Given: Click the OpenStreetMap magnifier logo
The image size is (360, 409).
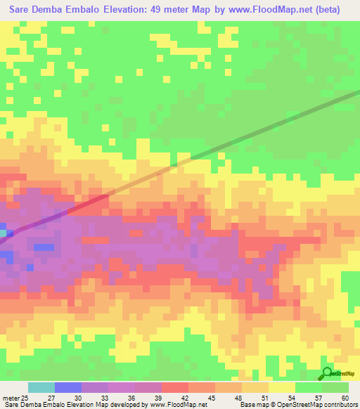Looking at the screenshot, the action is pos(327,373).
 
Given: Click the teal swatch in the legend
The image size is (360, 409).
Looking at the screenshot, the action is pos(41,387).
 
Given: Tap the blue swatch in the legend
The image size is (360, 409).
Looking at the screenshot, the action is pos(67,387).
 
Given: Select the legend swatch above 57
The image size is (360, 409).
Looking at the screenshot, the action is pos(308,387).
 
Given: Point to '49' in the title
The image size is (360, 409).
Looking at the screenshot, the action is pos(168,10).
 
